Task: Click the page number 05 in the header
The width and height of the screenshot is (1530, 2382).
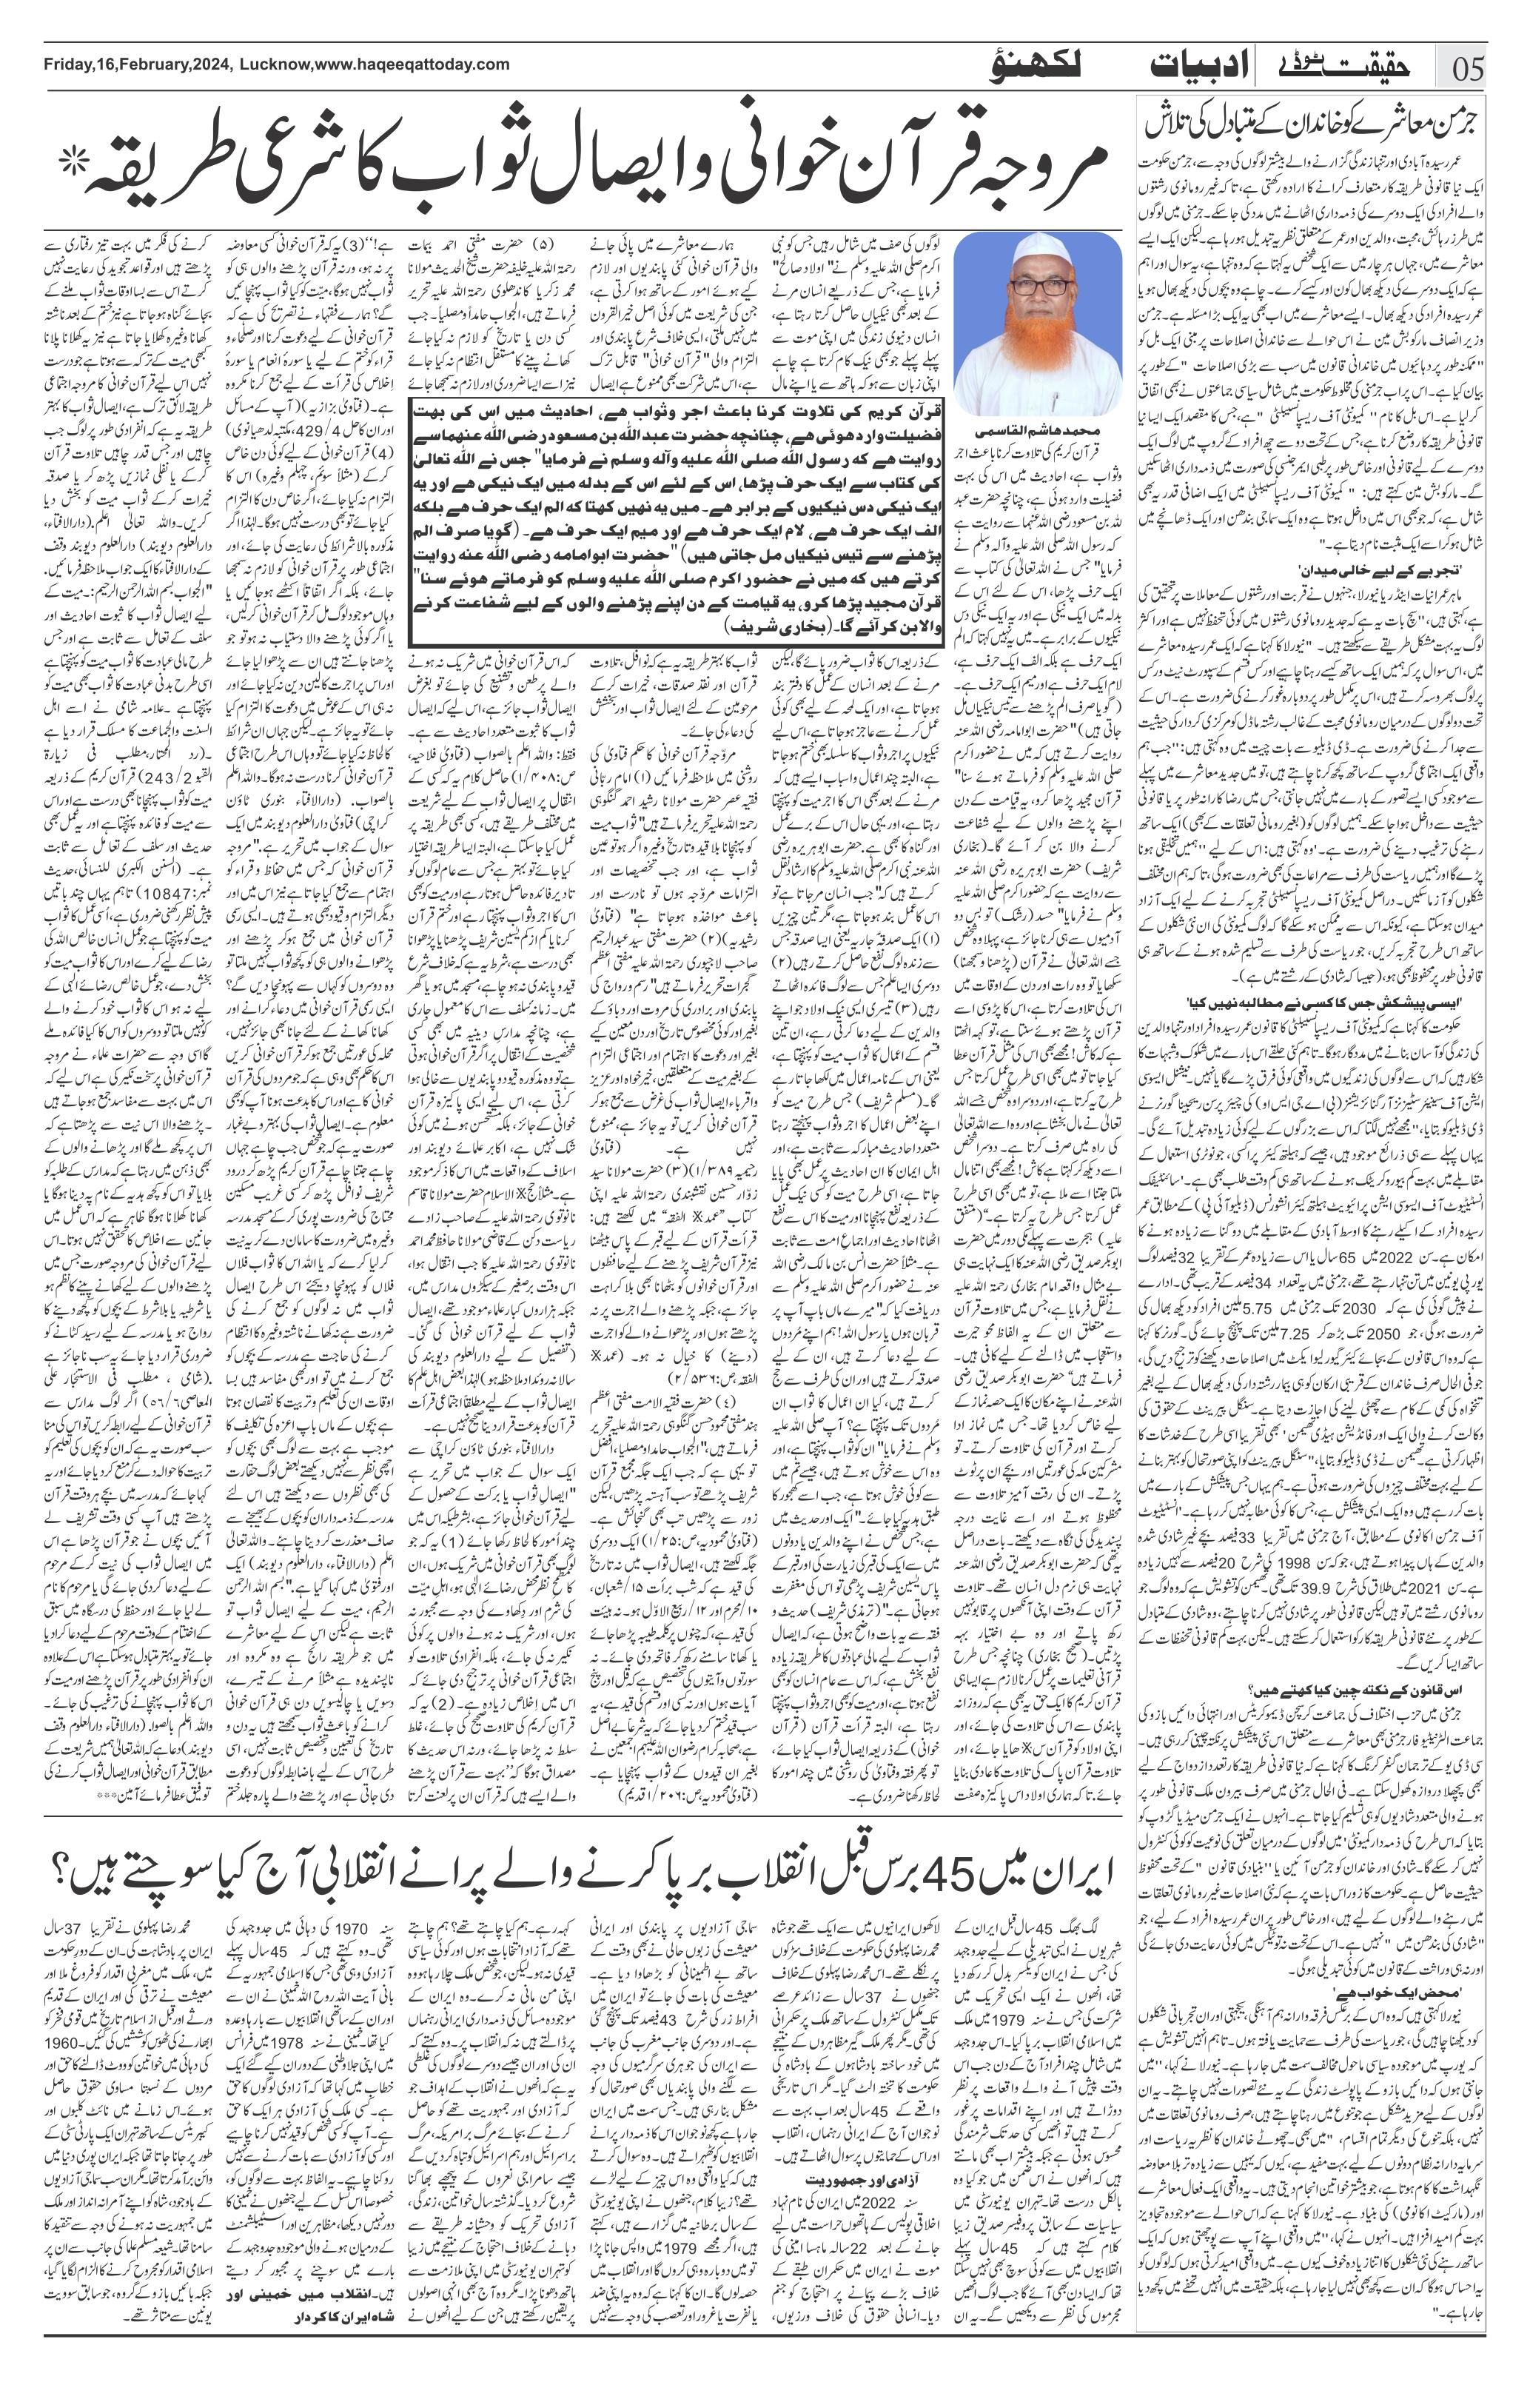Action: coord(1469,72)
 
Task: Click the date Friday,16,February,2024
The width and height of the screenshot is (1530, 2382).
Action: coord(137,64)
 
